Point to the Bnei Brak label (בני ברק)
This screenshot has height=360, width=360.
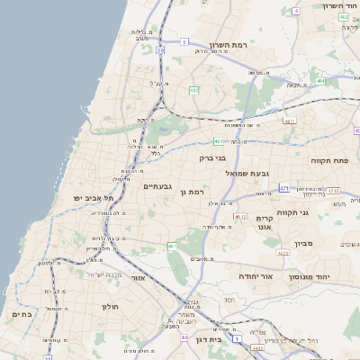click(213, 158)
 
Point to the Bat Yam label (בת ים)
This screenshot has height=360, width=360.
click(22, 314)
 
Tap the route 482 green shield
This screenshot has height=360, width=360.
click(194, 90)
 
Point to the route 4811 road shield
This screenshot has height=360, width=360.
click(289, 120)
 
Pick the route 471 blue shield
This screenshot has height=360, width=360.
click(284, 188)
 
